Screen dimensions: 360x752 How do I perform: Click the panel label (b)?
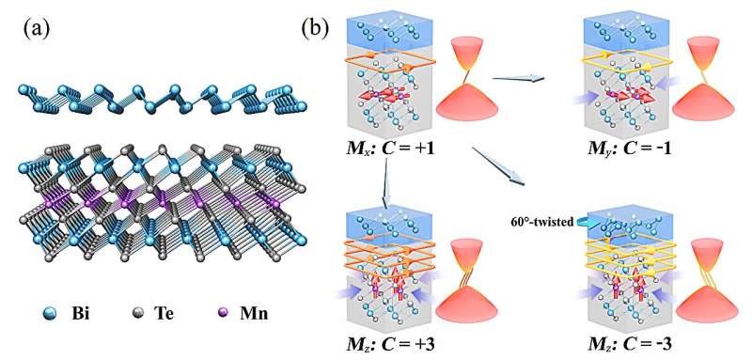317,27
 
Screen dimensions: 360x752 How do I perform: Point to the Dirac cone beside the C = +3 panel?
476,273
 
